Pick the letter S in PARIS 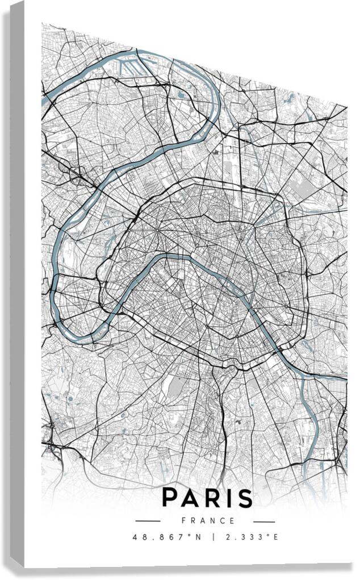tap(243, 498)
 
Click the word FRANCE tap(208, 520)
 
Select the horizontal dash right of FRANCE tap(264, 521)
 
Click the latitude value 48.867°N tap(166, 536)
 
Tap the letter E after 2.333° tap(276, 536)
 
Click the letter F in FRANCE tap(184, 520)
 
